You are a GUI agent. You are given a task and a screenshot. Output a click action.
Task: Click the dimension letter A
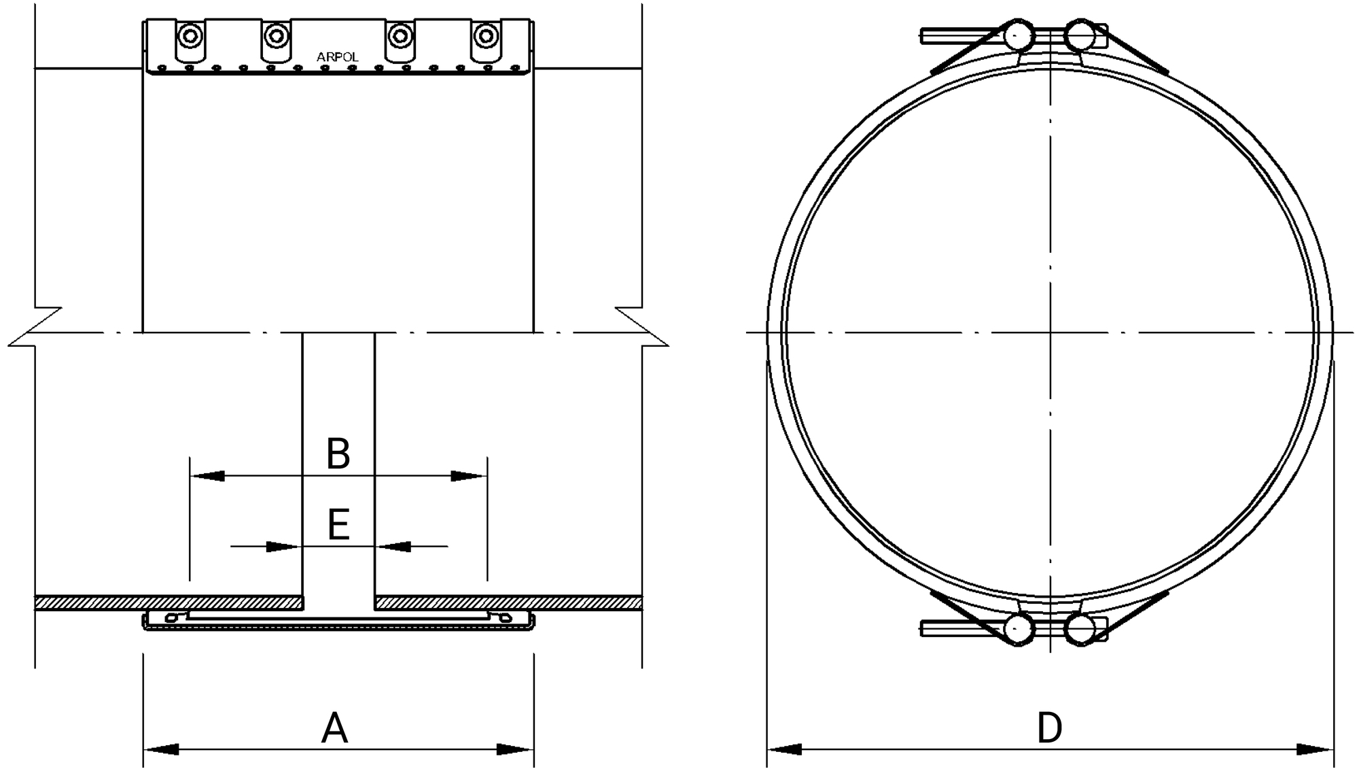tap(334, 728)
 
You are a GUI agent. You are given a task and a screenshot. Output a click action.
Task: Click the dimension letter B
tap(338, 454)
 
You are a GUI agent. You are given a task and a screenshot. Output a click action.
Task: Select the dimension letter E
tap(338, 525)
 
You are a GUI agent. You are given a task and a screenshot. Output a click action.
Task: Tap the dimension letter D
tap(1049, 728)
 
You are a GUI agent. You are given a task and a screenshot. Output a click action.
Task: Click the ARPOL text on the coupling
tap(337, 58)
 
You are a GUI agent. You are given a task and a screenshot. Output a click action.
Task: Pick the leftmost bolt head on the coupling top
tap(190, 35)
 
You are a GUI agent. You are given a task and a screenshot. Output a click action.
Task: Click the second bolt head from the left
tap(275, 35)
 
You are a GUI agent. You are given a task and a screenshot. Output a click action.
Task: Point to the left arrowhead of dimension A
tap(161, 749)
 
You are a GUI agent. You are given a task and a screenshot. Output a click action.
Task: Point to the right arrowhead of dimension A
tap(515, 749)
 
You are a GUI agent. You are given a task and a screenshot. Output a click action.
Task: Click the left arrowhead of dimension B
tap(207, 476)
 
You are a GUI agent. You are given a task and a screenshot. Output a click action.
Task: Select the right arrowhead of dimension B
tap(469, 476)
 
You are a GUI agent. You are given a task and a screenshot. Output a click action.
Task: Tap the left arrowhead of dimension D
tap(785, 749)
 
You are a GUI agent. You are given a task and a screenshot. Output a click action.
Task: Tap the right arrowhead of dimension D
tap(1315, 749)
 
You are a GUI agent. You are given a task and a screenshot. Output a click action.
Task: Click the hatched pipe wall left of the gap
tap(170, 603)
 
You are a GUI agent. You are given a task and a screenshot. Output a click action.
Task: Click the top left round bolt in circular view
tap(1019, 36)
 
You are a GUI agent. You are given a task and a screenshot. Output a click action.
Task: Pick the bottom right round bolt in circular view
tap(1080, 629)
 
